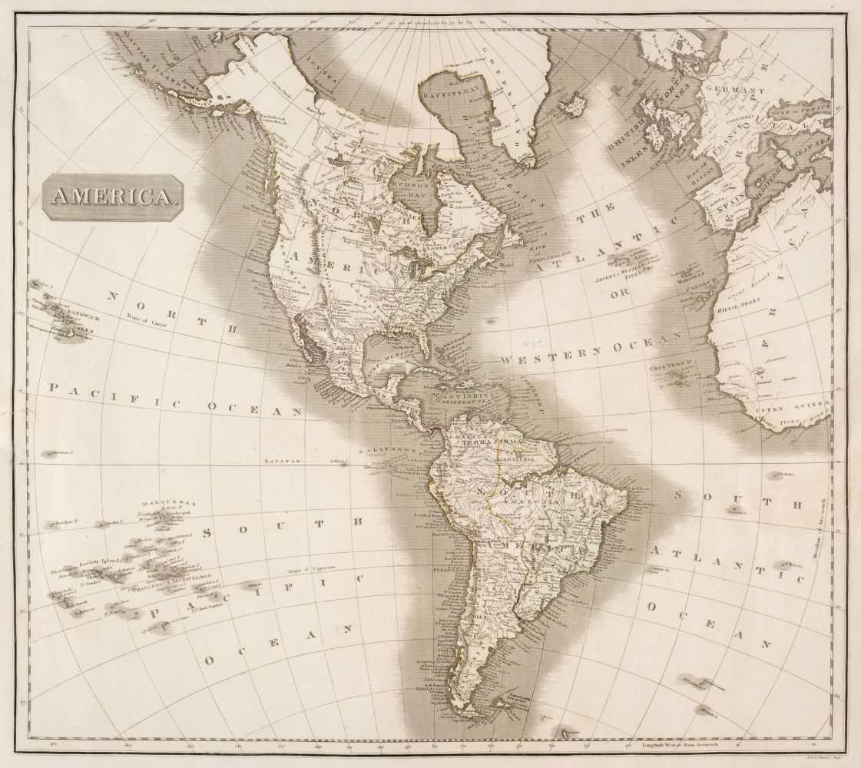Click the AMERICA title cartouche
click(x=111, y=197)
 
